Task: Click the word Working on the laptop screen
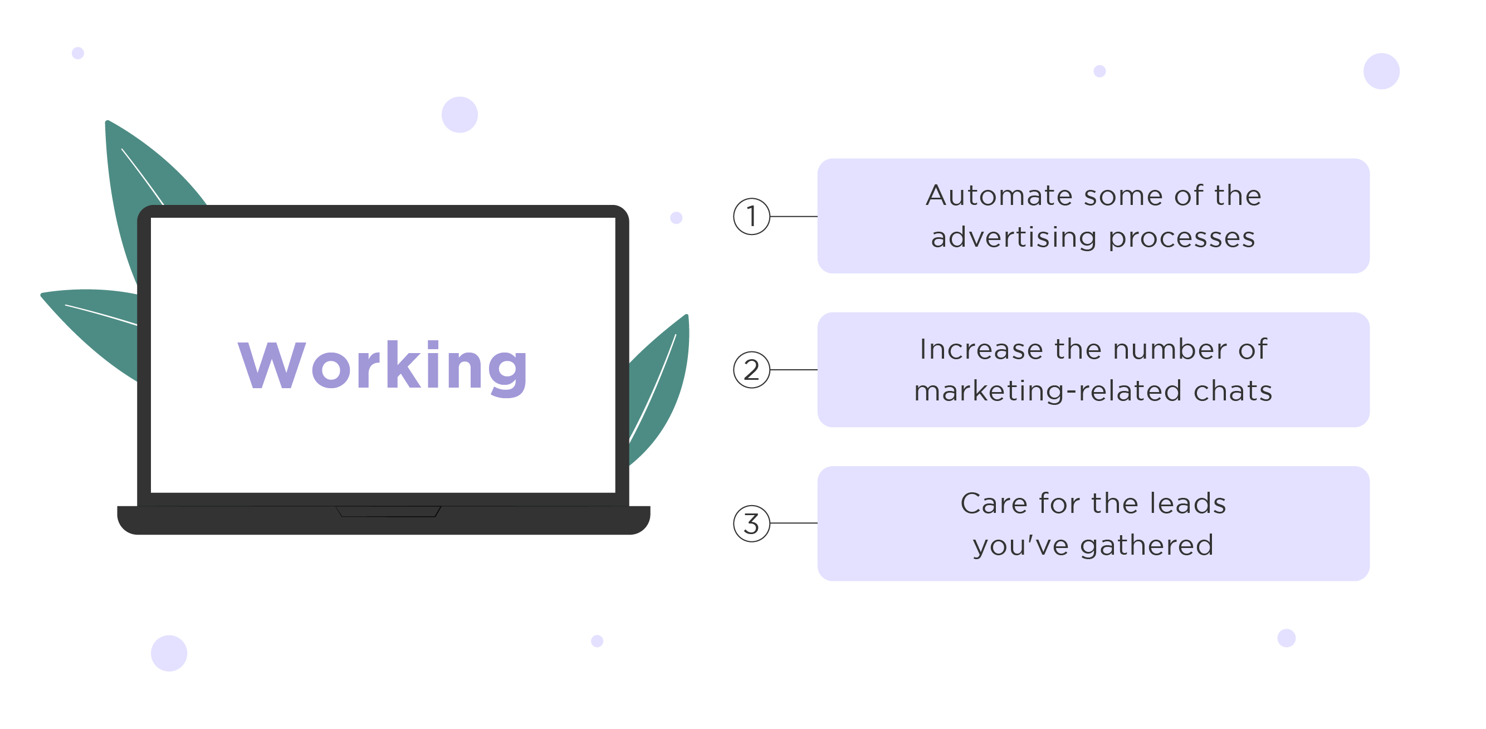(x=383, y=366)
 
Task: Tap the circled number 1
(x=751, y=216)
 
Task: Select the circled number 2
(x=751, y=370)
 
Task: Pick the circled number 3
(x=751, y=523)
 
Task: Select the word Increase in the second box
(x=981, y=349)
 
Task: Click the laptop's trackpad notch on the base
(x=388, y=512)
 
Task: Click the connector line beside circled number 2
(x=794, y=370)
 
